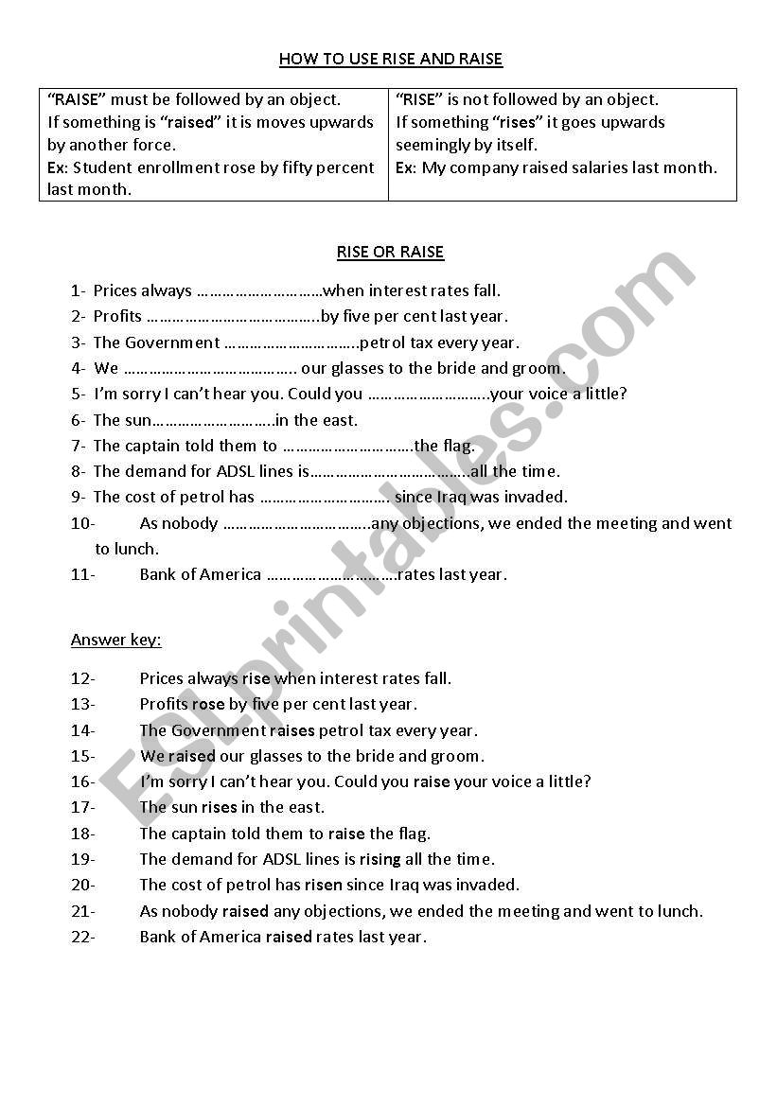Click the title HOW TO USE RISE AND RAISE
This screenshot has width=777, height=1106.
click(x=390, y=60)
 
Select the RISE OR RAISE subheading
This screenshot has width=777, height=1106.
click(x=390, y=253)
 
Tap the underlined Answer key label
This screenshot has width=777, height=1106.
click(x=115, y=641)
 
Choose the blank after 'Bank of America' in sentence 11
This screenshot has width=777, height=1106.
click(x=331, y=574)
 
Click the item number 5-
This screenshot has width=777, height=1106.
click(x=78, y=395)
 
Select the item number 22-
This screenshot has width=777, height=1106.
click(x=83, y=937)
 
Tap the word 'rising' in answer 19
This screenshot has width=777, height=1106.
click(x=380, y=859)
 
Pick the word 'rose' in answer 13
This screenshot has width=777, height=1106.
click(x=208, y=704)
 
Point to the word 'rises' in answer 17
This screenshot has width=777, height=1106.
click(x=219, y=807)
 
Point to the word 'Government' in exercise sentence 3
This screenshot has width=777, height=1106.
click(x=172, y=342)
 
